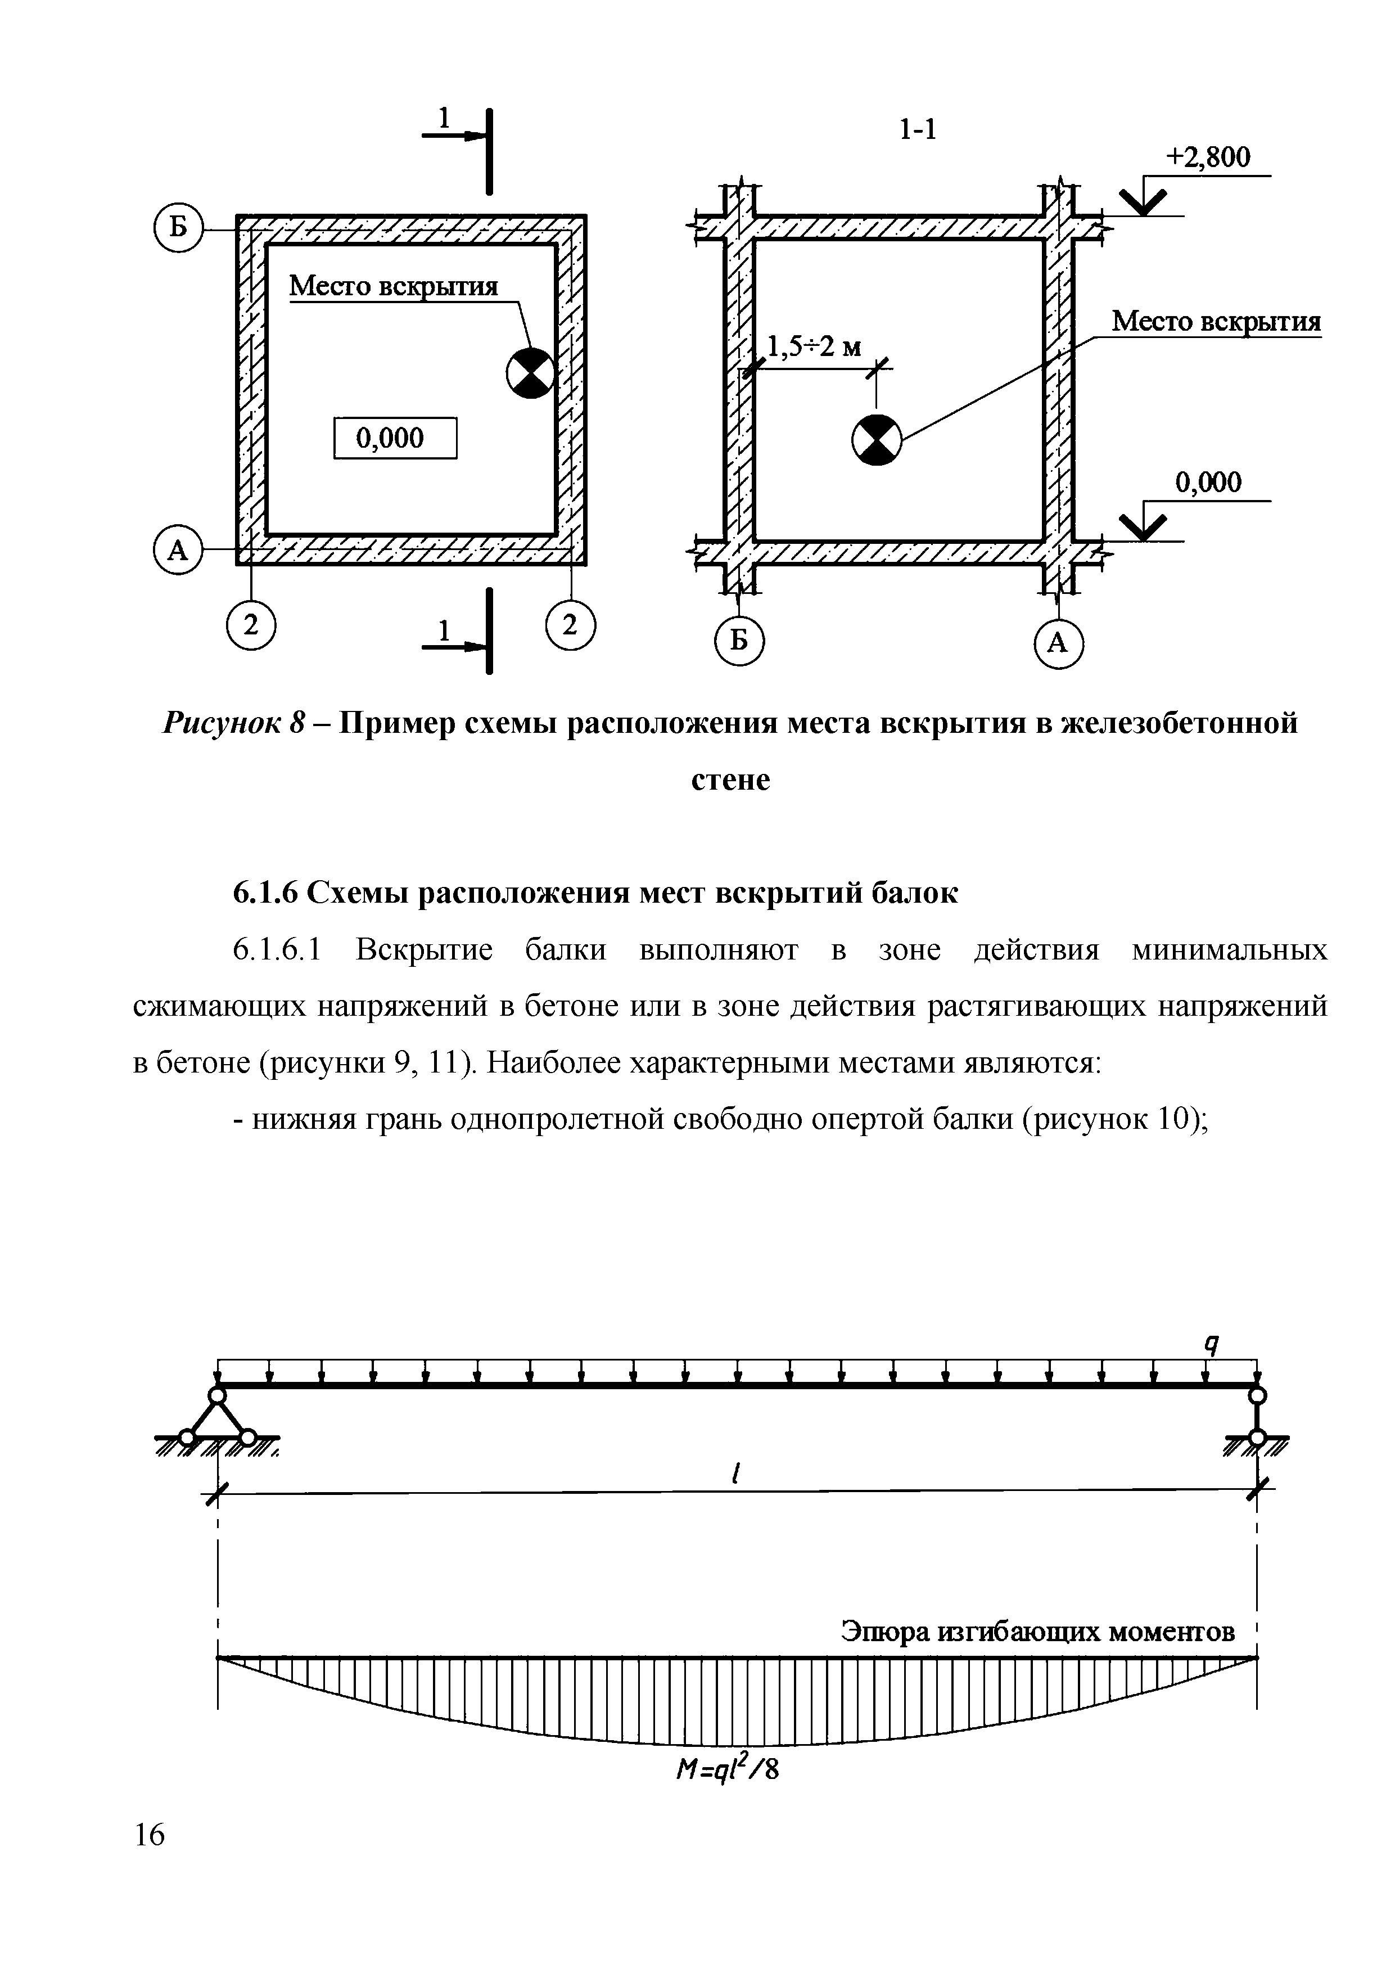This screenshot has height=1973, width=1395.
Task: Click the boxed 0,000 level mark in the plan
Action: pyautogui.click(x=394, y=438)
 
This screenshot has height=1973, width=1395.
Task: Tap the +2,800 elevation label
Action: pyautogui.click(x=1208, y=157)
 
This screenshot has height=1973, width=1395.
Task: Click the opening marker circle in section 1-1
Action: pyautogui.click(x=876, y=440)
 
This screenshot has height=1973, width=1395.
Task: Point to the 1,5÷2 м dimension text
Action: pyautogui.click(x=814, y=347)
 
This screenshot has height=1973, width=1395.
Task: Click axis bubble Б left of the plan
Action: pyautogui.click(x=178, y=228)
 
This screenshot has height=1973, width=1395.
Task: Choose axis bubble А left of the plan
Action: pyautogui.click(x=177, y=549)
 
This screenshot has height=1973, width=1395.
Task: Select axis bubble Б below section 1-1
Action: pyautogui.click(x=739, y=641)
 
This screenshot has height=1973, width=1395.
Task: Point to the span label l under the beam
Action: pyautogui.click(x=735, y=1475)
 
